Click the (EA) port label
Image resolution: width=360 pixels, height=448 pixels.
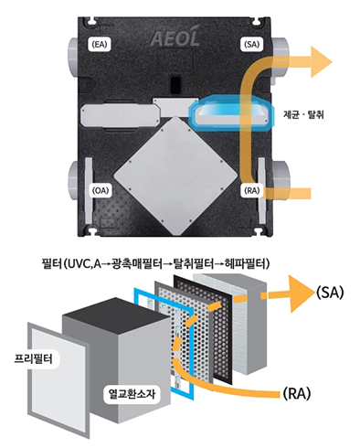click(x=100, y=45)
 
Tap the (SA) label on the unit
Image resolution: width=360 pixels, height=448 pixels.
click(x=252, y=45)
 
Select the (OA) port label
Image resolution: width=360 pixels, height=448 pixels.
click(x=101, y=190)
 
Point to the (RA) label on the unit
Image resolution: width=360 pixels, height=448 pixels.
click(x=252, y=190)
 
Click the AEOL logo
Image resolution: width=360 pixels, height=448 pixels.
click(x=175, y=38)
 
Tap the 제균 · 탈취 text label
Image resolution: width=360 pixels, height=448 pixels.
click(x=303, y=115)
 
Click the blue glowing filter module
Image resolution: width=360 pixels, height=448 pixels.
click(x=231, y=113)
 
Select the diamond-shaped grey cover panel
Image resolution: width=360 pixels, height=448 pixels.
click(x=175, y=176)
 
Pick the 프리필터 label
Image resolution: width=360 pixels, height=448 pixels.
click(x=34, y=358)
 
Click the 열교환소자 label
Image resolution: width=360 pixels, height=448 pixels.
click(x=132, y=393)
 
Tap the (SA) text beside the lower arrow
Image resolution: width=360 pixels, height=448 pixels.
click(x=330, y=293)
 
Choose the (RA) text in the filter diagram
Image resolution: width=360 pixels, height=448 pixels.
click(x=297, y=394)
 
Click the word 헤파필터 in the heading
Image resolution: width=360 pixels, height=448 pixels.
click(x=245, y=263)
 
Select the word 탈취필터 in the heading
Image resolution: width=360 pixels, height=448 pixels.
click(x=193, y=263)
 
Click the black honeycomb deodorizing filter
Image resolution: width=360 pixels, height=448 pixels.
click(x=204, y=329)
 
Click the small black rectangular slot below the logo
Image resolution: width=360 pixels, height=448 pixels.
click(x=175, y=84)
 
